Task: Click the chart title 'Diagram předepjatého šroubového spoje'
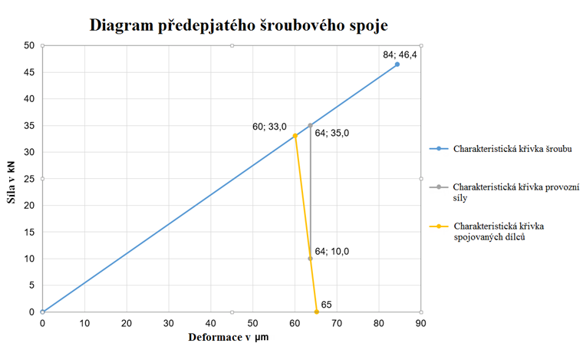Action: click(239, 25)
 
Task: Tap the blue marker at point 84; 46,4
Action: click(397, 64)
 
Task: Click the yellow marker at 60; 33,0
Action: click(295, 136)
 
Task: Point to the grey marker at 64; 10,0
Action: click(311, 259)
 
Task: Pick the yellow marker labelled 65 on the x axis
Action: click(316, 312)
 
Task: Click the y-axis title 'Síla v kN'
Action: click(12, 179)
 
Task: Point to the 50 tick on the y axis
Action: click(30, 45)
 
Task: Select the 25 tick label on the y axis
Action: click(30, 179)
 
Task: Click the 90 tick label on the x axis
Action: click(420, 324)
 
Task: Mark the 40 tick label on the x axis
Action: click(210, 324)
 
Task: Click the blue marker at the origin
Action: click(42, 312)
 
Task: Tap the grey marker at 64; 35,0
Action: click(311, 125)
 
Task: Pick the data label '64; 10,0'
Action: click(332, 251)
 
